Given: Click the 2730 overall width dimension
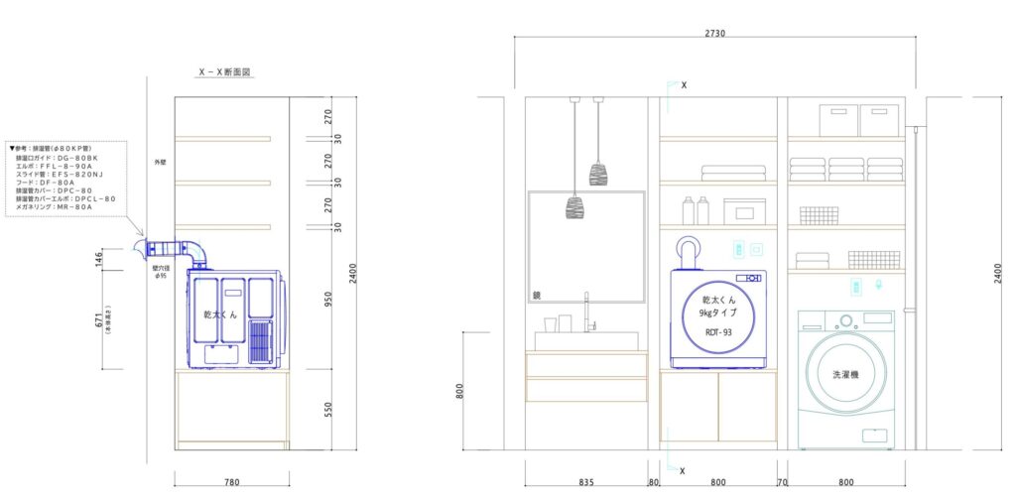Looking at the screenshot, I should (x=714, y=32).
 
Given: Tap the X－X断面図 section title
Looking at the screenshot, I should (x=225, y=72).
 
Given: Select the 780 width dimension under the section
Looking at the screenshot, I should (x=231, y=482).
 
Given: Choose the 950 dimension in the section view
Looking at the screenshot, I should (x=330, y=299).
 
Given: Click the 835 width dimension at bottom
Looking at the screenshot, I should (x=586, y=482).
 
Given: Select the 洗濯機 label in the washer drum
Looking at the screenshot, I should (x=845, y=377).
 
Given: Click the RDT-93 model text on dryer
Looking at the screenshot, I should (x=717, y=333).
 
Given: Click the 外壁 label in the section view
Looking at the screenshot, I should (x=160, y=161).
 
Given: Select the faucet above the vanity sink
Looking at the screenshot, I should (x=586, y=312).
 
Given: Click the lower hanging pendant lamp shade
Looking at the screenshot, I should (x=575, y=206).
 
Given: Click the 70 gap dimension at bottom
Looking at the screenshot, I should (x=782, y=482).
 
